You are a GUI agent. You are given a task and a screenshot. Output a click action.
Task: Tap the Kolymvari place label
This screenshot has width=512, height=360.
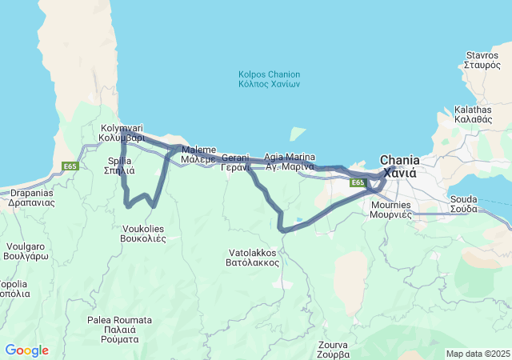[x=122, y=133]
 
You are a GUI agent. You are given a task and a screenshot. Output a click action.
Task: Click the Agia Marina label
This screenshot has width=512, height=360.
[x=290, y=162]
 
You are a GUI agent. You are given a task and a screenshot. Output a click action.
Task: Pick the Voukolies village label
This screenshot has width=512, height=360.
[x=142, y=233]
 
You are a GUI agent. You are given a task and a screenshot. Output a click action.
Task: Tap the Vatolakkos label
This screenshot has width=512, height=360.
[x=251, y=257]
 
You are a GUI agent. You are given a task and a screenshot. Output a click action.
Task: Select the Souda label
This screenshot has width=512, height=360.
[x=463, y=203]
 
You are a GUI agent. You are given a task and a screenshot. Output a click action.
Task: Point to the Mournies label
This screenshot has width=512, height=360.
[x=390, y=210]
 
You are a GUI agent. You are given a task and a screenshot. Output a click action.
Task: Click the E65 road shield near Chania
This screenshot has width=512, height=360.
[x=358, y=183]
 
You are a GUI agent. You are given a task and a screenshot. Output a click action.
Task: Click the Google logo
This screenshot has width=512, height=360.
[x=26, y=350]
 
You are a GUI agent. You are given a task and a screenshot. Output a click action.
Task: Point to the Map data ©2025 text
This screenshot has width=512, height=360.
[x=478, y=354]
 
